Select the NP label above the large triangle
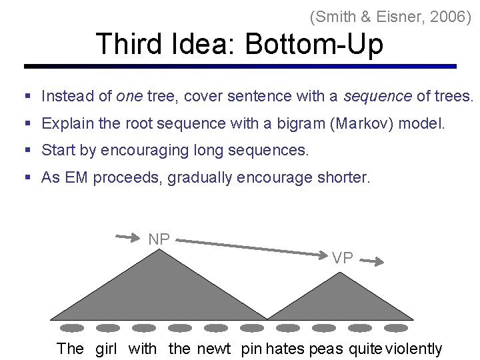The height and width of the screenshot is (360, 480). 159,239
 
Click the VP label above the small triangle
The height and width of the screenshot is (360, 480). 343,259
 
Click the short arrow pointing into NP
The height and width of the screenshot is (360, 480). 129,235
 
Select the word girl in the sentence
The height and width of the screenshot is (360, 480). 106,348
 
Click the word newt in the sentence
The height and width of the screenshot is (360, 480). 213,348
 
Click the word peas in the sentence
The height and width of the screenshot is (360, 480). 326,348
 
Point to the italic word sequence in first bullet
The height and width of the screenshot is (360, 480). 377,96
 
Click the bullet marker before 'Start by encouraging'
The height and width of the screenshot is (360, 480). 29,151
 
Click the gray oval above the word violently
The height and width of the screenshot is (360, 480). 395,328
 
